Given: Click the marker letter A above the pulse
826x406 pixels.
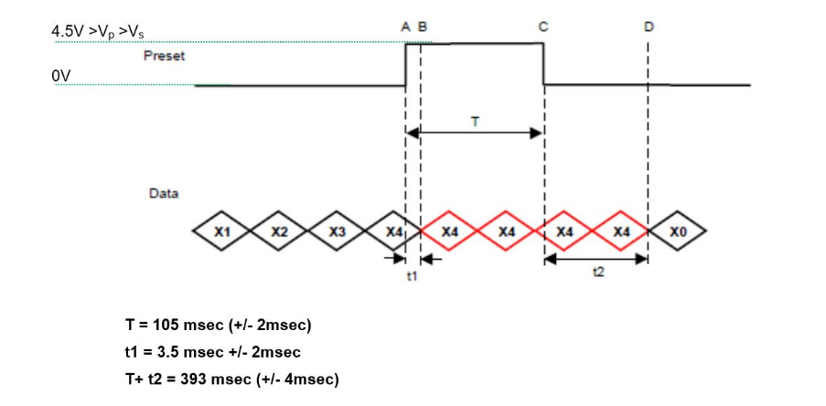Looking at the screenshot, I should (x=406, y=27).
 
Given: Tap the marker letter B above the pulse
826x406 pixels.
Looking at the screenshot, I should (x=422, y=27).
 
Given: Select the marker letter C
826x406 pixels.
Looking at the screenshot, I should (x=543, y=27).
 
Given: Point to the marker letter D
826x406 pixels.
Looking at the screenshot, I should (x=649, y=27).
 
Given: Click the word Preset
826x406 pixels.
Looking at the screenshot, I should (x=164, y=56).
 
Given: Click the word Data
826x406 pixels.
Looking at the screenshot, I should (x=164, y=194).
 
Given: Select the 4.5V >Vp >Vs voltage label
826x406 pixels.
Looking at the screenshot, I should (x=98, y=31).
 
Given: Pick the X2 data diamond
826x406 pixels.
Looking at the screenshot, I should (x=279, y=232).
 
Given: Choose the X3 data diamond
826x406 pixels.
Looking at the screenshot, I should (x=337, y=232).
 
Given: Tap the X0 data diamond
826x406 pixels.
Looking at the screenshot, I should (x=678, y=232).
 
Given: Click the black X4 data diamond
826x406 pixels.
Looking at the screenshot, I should (x=392, y=232).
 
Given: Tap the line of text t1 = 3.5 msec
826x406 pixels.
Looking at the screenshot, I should (x=213, y=352).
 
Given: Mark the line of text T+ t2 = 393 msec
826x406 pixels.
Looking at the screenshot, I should (x=231, y=379).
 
